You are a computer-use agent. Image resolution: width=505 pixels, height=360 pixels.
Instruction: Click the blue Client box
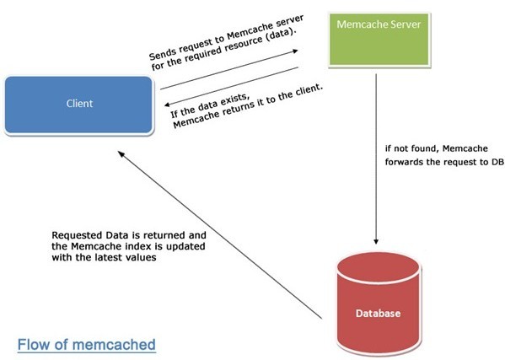click(x=79, y=105)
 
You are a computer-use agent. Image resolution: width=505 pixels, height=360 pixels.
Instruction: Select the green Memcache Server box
click(x=379, y=40)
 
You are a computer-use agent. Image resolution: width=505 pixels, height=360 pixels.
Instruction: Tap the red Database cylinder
click(x=378, y=303)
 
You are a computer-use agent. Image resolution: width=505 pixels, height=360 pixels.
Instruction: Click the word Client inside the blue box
click(x=79, y=104)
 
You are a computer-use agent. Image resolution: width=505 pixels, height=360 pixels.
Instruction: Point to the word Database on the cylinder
click(x=378, y=314)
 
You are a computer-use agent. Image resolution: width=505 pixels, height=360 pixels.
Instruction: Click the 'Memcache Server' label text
click(x=379, y=24)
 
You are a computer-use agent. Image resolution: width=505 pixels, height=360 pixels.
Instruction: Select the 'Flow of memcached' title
click(x=87, y=344)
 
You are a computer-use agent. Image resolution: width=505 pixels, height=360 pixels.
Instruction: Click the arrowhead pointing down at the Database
click(x=376, y=241)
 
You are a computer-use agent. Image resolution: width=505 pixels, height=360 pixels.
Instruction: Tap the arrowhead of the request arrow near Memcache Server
click(x=295, y=51)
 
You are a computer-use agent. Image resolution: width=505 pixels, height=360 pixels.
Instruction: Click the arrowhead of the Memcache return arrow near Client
click(x=168, y=105)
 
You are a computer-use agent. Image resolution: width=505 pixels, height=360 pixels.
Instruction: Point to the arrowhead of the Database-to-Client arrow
click(x=121, y=154)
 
